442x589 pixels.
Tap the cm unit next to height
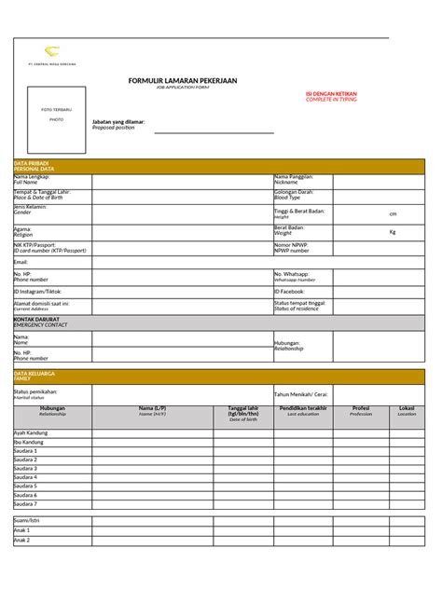(393, 213)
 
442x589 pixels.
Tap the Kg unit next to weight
(393, 231)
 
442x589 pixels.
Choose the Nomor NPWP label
(291, 247)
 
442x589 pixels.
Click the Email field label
(21, 262)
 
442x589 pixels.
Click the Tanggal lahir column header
(242, 411)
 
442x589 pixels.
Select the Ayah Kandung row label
(30, 432)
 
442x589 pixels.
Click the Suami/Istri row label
(27, 519)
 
